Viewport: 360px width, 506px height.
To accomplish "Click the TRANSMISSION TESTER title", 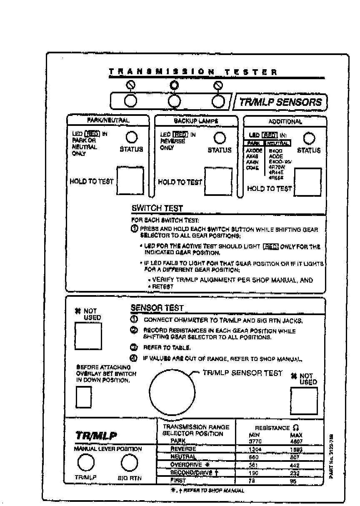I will [193, 72].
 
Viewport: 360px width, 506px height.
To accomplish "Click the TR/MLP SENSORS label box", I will [281, 102].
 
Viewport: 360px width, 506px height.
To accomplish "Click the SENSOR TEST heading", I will [157, 308].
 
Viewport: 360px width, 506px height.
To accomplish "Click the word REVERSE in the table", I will [183, 449].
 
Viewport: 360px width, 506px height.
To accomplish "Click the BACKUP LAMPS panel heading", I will [196, 121].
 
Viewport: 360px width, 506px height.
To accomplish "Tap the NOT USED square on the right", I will [304, 401].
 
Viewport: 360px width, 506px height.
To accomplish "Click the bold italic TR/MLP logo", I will [96, 436].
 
